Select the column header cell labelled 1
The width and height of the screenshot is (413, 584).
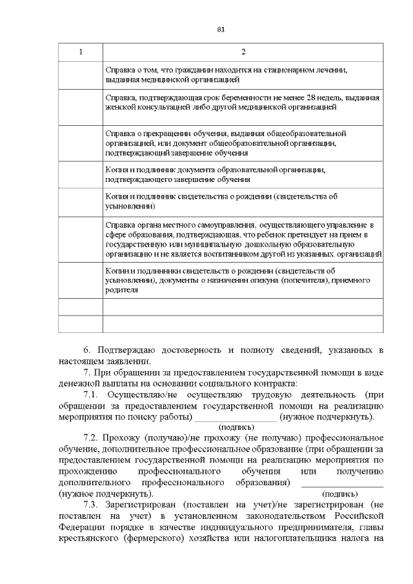[x=81, y=52]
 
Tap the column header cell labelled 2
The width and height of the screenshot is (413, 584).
[x=243, y=52]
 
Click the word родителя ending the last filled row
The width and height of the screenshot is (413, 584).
[x=121, y=290]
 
